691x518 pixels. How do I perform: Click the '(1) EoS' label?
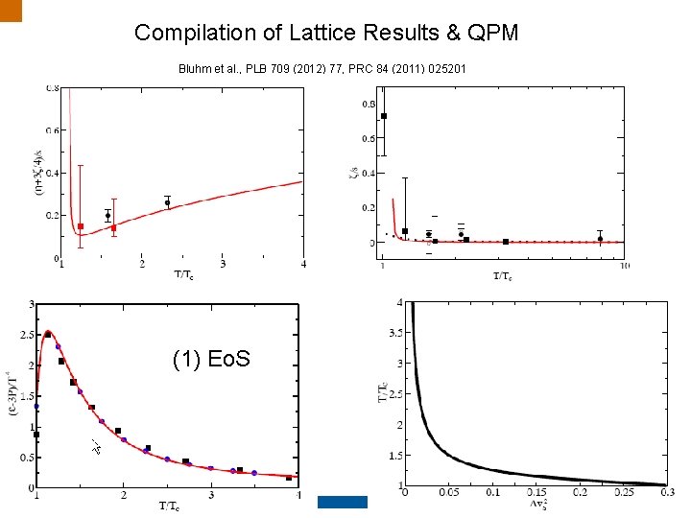(211, 359)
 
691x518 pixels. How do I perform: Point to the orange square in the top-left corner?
(10, 10)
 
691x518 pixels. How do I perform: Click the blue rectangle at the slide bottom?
(343, 501)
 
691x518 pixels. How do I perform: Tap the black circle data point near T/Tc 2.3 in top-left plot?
(167, 202)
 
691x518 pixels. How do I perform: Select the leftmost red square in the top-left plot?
(81, 226)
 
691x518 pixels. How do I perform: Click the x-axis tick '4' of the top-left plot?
(303, 266)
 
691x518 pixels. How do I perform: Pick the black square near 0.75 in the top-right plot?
(384, 116)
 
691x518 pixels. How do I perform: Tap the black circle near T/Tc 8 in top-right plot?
(600, 238)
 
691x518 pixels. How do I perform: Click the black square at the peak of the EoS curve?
(48, 334)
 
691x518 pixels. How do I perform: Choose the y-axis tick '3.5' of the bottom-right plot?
(393, 334)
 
